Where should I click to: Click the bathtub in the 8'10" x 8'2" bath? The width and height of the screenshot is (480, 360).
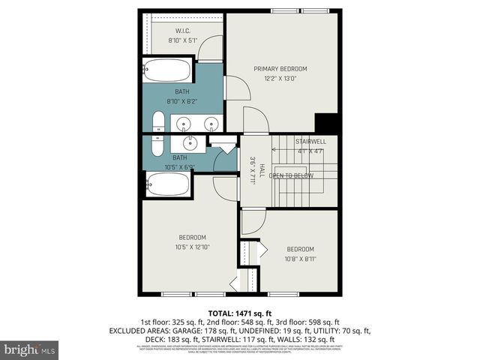coord(168,71)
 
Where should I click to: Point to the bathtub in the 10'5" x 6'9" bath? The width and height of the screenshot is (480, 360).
coord(167,184)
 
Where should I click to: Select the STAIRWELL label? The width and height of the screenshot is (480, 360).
coord(310,142)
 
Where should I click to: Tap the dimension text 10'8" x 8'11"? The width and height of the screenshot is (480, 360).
coord(300,259)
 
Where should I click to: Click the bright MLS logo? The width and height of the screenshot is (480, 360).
coord(30,349)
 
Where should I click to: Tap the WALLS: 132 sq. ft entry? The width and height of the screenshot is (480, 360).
coord(314,339)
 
